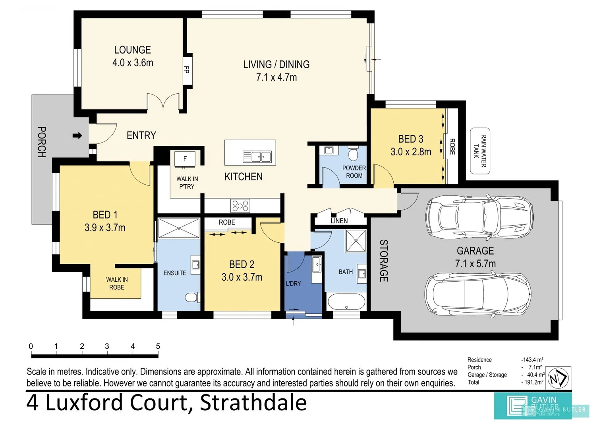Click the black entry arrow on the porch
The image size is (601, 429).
pos(77,136)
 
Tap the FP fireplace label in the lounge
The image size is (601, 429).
pos(186,70)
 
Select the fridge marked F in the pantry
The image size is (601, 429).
pos(185,159)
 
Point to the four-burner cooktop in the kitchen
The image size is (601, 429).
pos(240,206)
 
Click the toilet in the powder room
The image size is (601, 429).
pos(353,153)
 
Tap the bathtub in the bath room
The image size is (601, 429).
pos(346,301)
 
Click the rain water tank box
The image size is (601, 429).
pos(480,151)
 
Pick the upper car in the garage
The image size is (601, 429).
pos(479,217)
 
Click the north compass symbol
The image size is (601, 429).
pos(558,378)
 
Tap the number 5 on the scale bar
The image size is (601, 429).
pos(158,346)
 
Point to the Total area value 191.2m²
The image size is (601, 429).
pos(533,382)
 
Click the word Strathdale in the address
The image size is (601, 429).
pos(253,403)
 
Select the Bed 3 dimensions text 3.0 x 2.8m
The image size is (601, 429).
pos(411,152)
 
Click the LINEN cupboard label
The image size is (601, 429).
pos(339,221)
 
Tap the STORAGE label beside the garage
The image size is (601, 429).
pos(383,261)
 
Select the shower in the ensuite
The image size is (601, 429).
pos(179,228)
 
